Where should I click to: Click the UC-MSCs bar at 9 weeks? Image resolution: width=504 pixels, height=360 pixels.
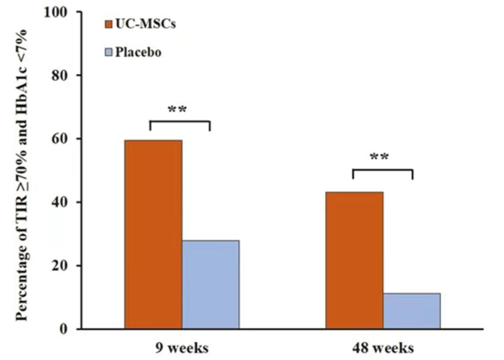(x=153, y=234)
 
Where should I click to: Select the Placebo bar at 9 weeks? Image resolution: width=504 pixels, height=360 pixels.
(x=210, y=284)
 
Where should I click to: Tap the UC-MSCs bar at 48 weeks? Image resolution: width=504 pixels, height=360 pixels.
(x=354, y=260)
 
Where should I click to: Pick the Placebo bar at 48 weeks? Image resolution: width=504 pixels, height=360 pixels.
(x=411, y=311)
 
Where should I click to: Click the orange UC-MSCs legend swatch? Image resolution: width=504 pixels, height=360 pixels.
(x=110, y=25)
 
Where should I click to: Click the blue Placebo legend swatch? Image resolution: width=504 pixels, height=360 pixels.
(x=110, y=53)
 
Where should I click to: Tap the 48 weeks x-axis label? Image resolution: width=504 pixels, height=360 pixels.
(x=383, y=348)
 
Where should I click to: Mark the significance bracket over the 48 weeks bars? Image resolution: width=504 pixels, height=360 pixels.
(x=382, y=171)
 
